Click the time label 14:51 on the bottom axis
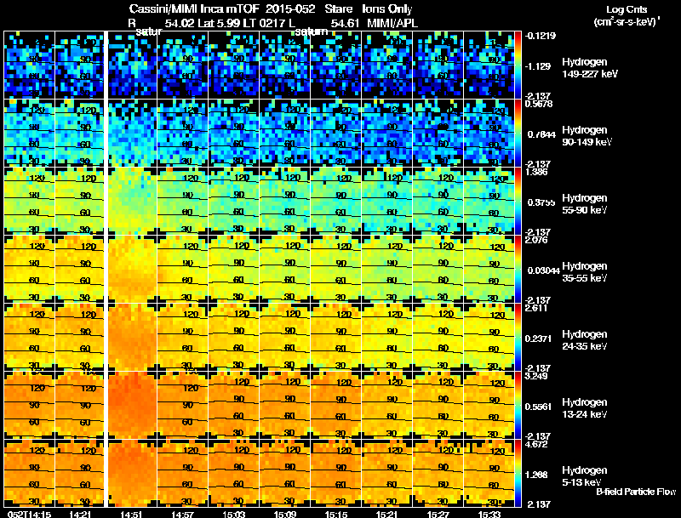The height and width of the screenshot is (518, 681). (x=131, y=514)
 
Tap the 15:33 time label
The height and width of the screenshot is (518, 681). (x=489, y=514)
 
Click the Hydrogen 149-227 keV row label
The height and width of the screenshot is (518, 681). (x=584, y=68)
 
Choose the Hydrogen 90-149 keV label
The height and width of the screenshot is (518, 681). (x=584, y=136)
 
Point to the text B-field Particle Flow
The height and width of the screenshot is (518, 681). (x=635, y=492)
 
